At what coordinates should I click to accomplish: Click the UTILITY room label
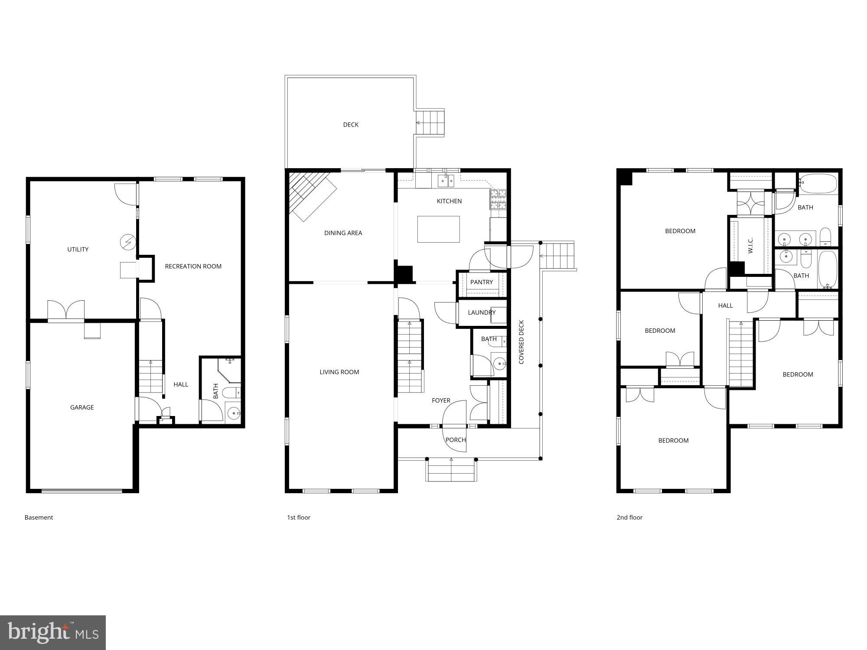click(x=78, y=249)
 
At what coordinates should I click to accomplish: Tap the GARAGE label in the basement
click(x=82, y=407)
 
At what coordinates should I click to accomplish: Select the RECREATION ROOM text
click(x=193, y=266)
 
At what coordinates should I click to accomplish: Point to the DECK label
click(x=351, y=125)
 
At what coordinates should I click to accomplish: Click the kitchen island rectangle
click(x=438, y=229)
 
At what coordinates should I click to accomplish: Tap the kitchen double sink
click(x=445, y=180)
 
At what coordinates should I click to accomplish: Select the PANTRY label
click(x=482, y=282)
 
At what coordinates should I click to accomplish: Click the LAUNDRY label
click(x=482, y=312)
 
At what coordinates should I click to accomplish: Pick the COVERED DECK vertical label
click(x=522, y=342)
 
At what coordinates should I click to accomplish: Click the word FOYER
click(x=441, y=400)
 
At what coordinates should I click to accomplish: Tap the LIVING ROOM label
click(x=339, y=372)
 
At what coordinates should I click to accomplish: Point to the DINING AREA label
click(x=343, y=233)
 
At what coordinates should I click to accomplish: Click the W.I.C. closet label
click(x=750, y=245)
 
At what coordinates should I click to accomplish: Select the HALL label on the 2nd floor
click(x=725, y=305)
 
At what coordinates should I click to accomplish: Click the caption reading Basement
click(x=39, y=517)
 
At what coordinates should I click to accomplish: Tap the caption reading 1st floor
click(x=299, y=517)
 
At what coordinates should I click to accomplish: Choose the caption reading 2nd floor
click(x=629, y=517)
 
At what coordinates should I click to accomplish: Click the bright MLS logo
click(x=52, y=633)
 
